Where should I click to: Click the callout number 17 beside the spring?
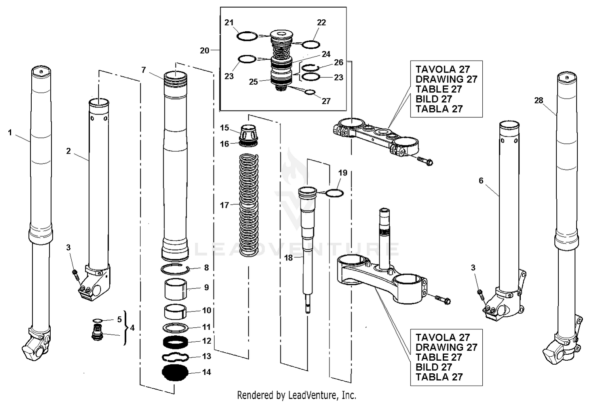225,205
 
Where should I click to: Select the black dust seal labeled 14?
175,373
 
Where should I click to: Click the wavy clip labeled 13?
175,357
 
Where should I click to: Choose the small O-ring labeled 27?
310,93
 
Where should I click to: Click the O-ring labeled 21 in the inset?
247,36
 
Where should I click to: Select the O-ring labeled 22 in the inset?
310,44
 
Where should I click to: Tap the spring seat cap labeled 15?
249,131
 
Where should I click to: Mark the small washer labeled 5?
97,320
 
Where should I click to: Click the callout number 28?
539,101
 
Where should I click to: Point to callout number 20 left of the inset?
204,50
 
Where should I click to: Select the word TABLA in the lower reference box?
430,377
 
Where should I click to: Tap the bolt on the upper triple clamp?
425,160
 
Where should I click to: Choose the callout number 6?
481,181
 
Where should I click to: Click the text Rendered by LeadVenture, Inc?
297,395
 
